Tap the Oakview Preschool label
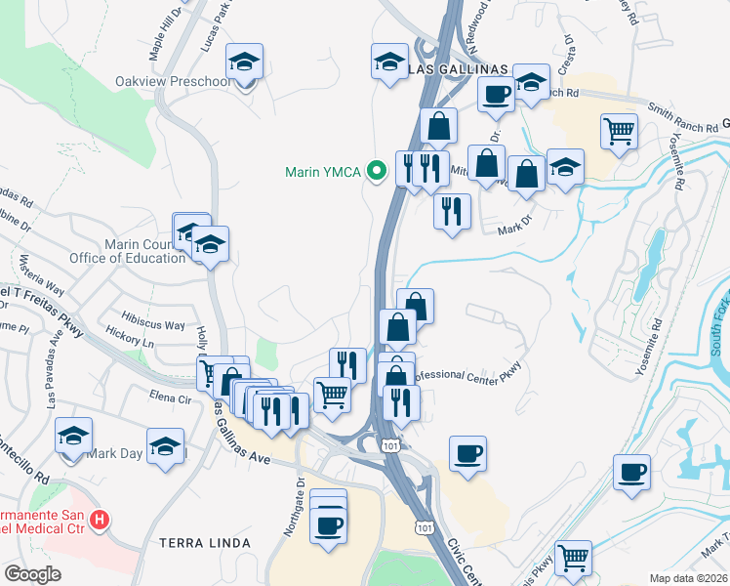click(x=174, y=81)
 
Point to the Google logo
click(x=32, y=574)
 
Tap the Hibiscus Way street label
click(x=154, y=325)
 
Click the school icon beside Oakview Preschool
click(x=244, y=63)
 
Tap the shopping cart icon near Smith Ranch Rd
click(x=620, y=131)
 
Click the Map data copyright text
click(x=689, y=578)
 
